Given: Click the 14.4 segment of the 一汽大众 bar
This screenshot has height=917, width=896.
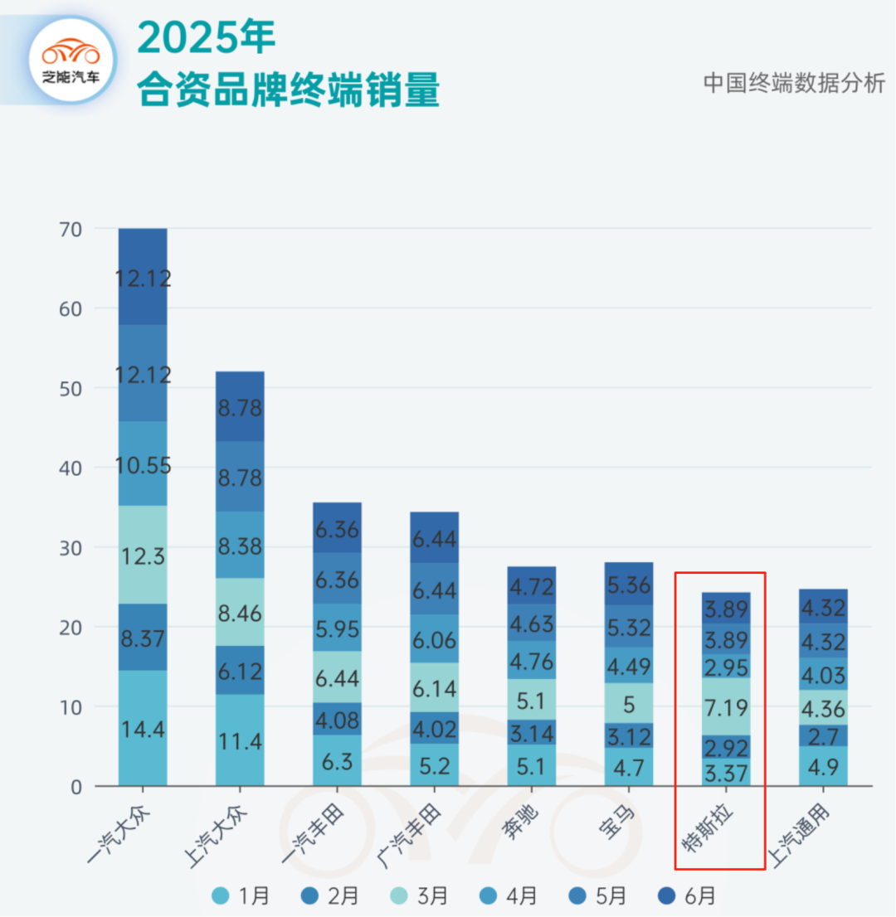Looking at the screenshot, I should point(143,728).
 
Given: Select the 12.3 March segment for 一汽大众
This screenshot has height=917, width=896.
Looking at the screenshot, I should point(143,555).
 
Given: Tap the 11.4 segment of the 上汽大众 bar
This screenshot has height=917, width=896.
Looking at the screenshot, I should point(240,740).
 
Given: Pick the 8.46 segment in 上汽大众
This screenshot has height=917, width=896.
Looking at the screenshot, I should point(240,612).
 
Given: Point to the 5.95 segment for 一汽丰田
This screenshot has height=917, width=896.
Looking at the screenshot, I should point(337,628).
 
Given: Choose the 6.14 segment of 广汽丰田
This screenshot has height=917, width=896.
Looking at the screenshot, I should point(434,687).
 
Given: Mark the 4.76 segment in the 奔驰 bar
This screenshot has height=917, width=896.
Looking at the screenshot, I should point(531,660).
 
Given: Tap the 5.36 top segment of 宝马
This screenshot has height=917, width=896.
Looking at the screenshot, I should point(628,584).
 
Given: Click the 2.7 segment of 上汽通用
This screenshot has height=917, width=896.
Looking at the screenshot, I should point(822,735).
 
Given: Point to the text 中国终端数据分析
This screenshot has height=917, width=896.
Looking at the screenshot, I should point(794,83).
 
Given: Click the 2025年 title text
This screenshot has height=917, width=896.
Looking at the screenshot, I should point(206,37).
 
